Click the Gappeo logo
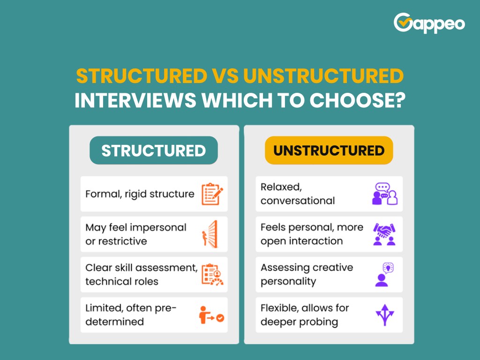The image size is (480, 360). click(x=429, y=23)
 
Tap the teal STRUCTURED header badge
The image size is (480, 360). click(x=154, y=150)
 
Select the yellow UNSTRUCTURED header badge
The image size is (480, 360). click(x=329, y=150)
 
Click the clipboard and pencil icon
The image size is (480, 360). click(x=212, y=194)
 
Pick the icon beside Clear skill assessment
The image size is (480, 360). click(x=212, y=275)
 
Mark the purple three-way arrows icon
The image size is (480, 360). click(x=385, y=315)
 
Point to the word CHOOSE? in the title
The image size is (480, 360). click(x=360, y=101)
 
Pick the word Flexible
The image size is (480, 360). click(x=280, y=308)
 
